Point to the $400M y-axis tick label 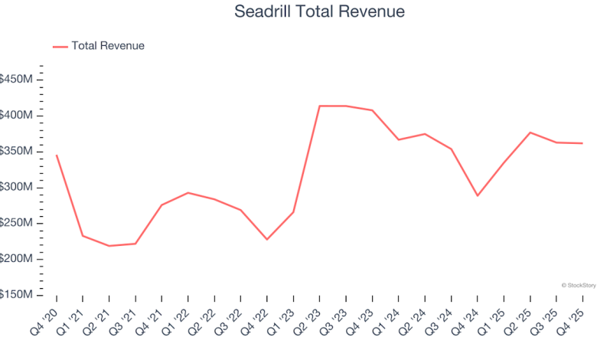[x=17, y=116]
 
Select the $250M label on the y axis [x=17, y=224]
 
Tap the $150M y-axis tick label [x=17, y=296]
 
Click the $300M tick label [x=17, y=188]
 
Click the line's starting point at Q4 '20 [x=57, y=155]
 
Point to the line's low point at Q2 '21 [x=109, y=246]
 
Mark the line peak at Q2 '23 [x=319, y=106]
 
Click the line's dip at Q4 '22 [x=266, y=240]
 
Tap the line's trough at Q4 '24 [x=477, y=195]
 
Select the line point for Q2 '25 [x=530, y=133]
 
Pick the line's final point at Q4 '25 [x=582, y=143]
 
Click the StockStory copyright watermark [x=578, y=285]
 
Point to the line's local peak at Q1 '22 [x=188, y=193]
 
